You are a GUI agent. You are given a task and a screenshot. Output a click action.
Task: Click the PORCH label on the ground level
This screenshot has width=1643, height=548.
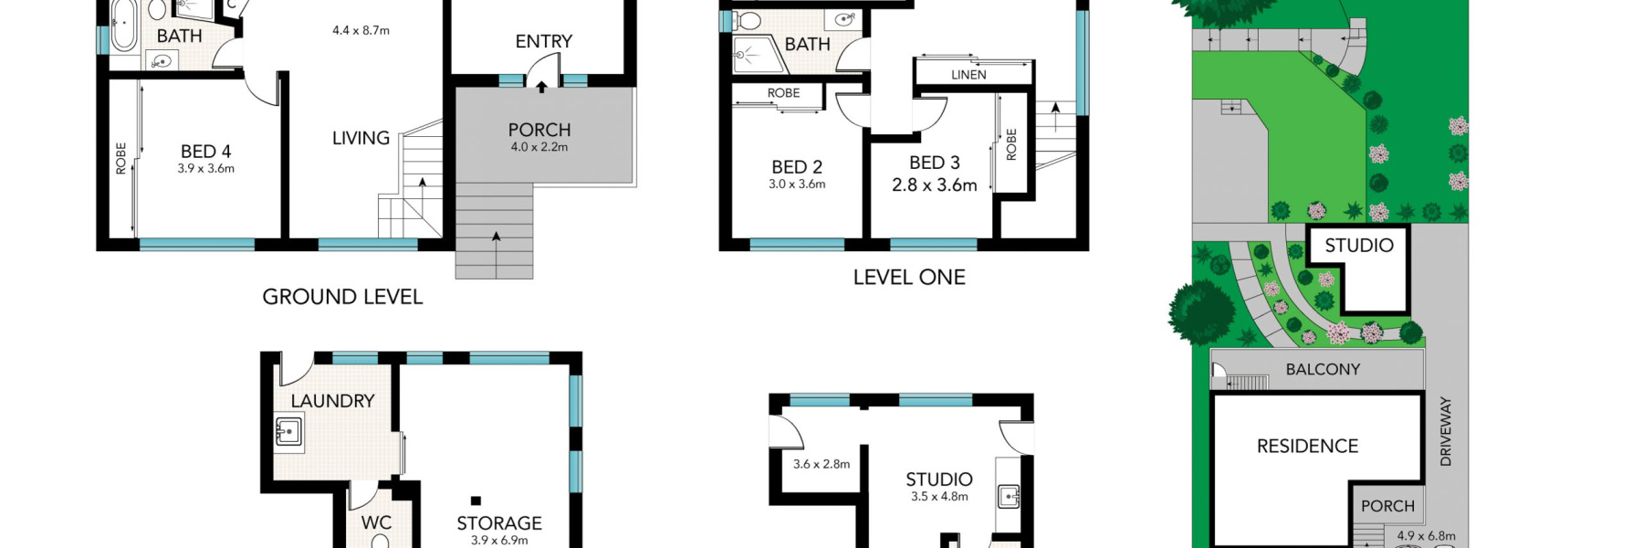point(539,131)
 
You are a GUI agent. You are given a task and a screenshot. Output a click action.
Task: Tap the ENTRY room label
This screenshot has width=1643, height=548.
point(543,41)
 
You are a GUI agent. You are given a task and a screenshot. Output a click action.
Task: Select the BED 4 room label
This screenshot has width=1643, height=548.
point(205,152)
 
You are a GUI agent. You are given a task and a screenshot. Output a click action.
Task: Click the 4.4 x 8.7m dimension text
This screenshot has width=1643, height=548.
point(361,30)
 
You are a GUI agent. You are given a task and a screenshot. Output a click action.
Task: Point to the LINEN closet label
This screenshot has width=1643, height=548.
point(968,75)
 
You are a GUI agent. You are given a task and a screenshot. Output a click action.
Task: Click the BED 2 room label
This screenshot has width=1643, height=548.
point(797,167)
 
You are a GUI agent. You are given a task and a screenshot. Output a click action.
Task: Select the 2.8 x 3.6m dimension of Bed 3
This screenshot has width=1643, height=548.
point(934,184)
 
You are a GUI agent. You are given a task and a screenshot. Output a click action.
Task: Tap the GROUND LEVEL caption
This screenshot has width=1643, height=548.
point(342,297)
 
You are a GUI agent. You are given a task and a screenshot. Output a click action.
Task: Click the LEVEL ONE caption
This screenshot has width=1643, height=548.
point(909,278)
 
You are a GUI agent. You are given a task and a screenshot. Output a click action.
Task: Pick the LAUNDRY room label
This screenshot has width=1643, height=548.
point(332,401)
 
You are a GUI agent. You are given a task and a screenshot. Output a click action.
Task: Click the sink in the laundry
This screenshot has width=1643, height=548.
point(289,431)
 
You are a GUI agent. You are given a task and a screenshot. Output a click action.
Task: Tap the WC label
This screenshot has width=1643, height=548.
point(376,522)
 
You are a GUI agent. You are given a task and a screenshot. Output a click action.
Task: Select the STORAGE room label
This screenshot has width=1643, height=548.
point(499,523)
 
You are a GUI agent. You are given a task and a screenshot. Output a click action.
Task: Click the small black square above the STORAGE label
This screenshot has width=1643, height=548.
point(476,501)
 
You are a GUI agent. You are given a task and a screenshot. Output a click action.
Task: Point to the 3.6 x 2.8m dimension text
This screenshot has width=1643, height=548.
point(821,464)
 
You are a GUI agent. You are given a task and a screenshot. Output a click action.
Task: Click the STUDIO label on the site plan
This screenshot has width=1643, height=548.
point(1359,245)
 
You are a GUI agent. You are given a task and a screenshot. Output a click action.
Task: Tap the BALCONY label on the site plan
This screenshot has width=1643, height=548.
point(1323,369)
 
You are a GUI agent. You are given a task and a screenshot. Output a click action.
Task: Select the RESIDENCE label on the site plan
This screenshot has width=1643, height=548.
point(1307,446)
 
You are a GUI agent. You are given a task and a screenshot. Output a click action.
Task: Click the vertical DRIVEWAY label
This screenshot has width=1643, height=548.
point(1445,431)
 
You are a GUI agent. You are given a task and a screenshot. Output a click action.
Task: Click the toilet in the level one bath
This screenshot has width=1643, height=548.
point(749,19)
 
